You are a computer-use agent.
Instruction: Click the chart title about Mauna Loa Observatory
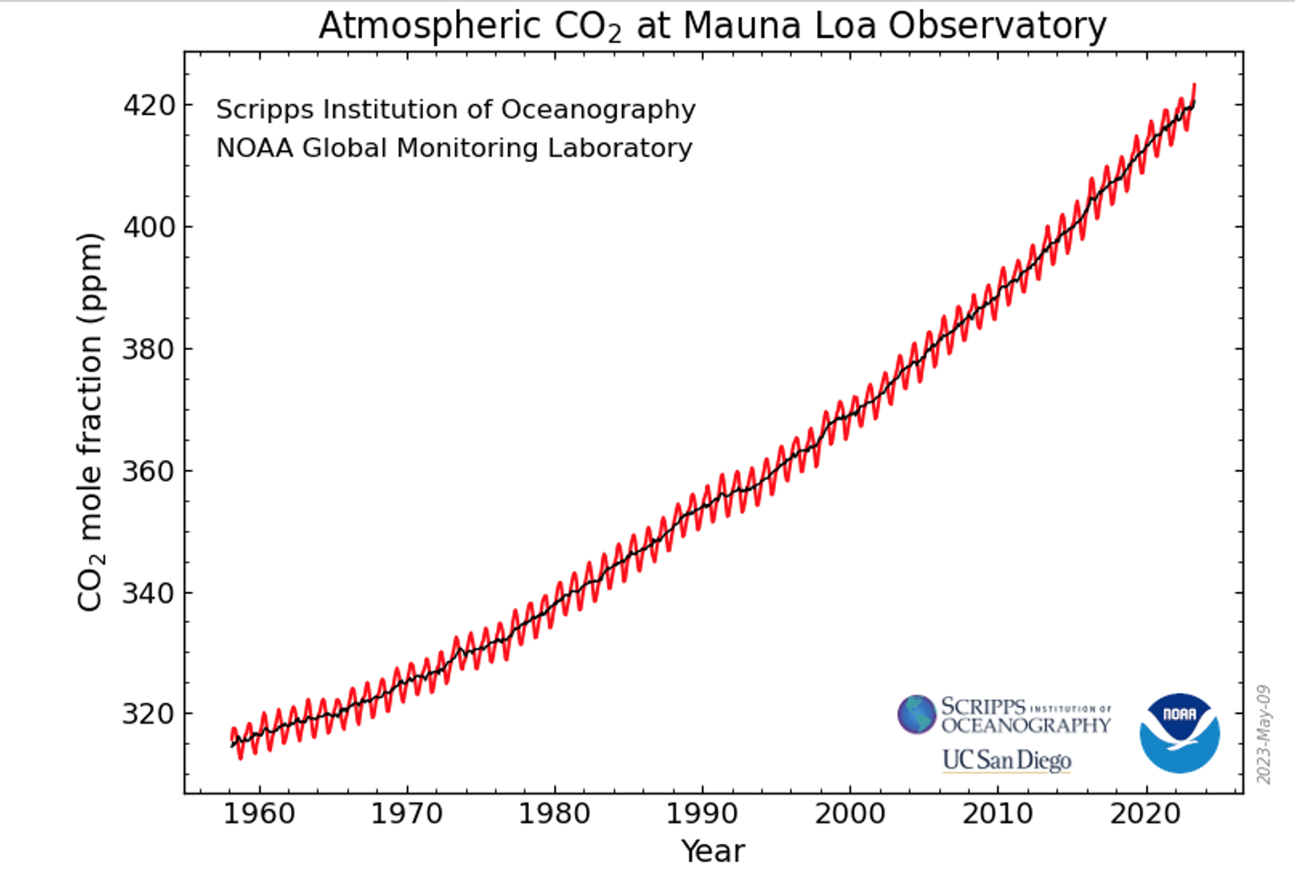(712, 26)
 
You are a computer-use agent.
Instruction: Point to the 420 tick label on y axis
(149, 105)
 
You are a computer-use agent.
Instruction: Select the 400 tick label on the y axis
(149, 226)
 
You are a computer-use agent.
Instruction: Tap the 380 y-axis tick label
(149, 349)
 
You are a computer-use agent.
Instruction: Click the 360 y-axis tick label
(149, 471)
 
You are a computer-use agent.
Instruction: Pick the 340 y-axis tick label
(149, 593)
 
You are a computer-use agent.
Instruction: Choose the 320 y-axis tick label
(149, 714)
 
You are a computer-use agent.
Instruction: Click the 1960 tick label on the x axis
(259, 813)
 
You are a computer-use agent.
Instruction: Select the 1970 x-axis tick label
(407, 813)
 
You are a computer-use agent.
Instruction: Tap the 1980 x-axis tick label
(554, 813)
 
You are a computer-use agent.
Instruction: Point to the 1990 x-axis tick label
(702, 813)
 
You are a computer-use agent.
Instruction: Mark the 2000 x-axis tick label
(850, 813)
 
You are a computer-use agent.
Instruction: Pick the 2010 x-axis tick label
(998, 813)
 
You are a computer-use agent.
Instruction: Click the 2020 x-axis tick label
(1145, 813)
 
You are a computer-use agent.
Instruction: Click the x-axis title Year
(713, 851)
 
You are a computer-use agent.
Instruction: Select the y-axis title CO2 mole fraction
(91, 422)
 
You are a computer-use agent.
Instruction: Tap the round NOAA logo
(1179, 733)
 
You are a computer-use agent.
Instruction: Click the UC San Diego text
(1007, 760)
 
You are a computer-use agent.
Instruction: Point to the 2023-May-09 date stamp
(1264, 734)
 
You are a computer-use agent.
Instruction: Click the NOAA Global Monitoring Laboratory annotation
(454, 147)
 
